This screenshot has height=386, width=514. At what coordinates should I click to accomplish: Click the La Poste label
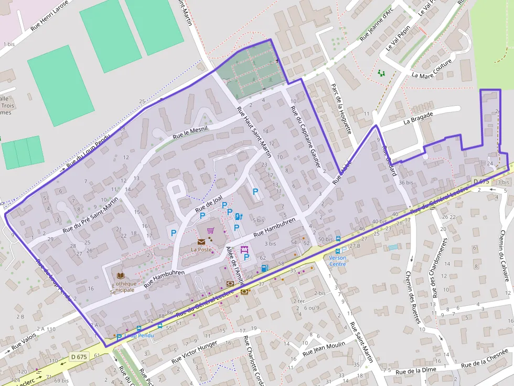[x=201, y=250]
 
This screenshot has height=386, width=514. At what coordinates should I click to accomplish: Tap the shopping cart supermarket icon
[x=210, y=230]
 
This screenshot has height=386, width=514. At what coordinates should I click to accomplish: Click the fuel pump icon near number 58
[x=264, y=268]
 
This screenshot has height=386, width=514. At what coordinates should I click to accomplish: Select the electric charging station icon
[x=238, y=216]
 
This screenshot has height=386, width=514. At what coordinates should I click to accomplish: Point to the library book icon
[x=121, y=275]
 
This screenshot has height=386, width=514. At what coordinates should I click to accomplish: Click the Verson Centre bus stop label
[x=337, y=260]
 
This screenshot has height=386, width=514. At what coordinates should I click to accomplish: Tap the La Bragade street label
[x=418, y=117]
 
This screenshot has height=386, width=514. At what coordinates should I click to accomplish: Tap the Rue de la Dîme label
[x=416, y=371]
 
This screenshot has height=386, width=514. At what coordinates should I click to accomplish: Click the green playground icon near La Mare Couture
[x=381, y=73]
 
